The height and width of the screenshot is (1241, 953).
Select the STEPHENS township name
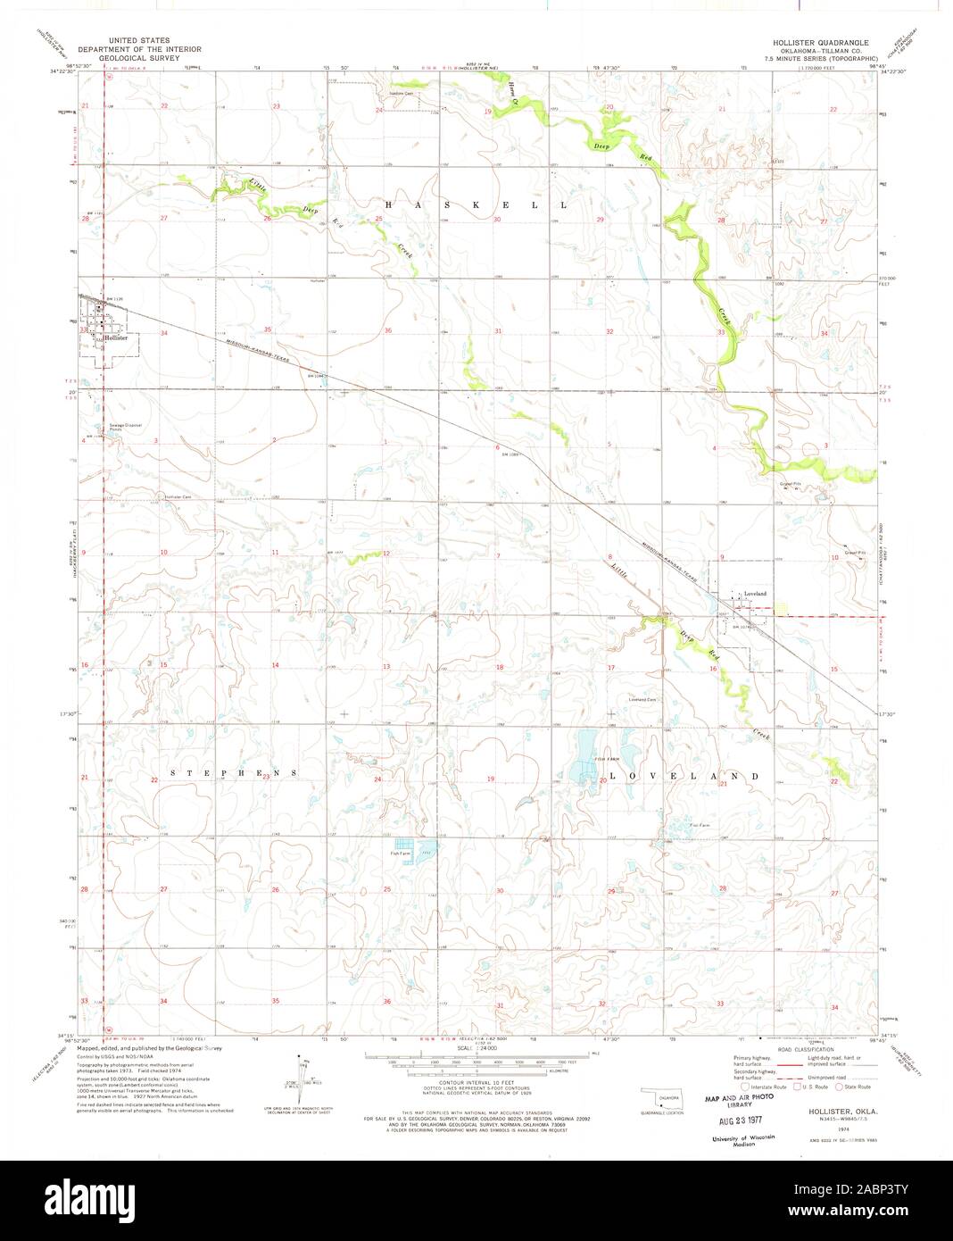229,772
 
